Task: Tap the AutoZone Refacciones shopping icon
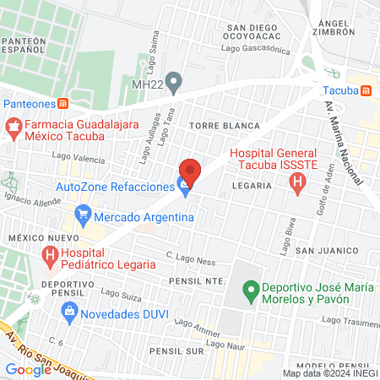(x=183, y=187)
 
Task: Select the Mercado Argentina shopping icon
(x=83, y=216)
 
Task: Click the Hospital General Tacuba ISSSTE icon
(x=296, y=183)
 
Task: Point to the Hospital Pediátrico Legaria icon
(x=52, y=254)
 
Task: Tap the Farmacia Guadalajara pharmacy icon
(x=12, y=128)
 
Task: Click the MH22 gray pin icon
(x=174, y=82)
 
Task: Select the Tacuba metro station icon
(x=366, y=90)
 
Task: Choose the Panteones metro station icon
(x=63, y=103)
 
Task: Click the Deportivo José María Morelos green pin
(x=250, y=294)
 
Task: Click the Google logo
(x=28, y=369)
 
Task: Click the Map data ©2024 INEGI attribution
(x=328, y=373)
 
